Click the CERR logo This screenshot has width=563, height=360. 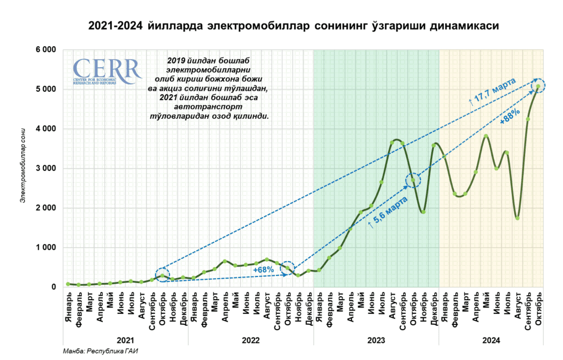pos(107,71)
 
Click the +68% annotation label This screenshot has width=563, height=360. pos(263,270)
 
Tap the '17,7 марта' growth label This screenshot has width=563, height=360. pos(492,90)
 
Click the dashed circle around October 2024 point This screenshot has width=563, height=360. pos(538,86)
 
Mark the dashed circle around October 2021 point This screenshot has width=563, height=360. pos(162,275)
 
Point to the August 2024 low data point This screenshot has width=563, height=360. pos(517,218)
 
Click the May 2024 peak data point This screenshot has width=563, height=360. pos(486,136)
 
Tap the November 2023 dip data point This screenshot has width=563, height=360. pos(423,212)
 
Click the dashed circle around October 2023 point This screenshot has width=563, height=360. pos(413,180)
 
